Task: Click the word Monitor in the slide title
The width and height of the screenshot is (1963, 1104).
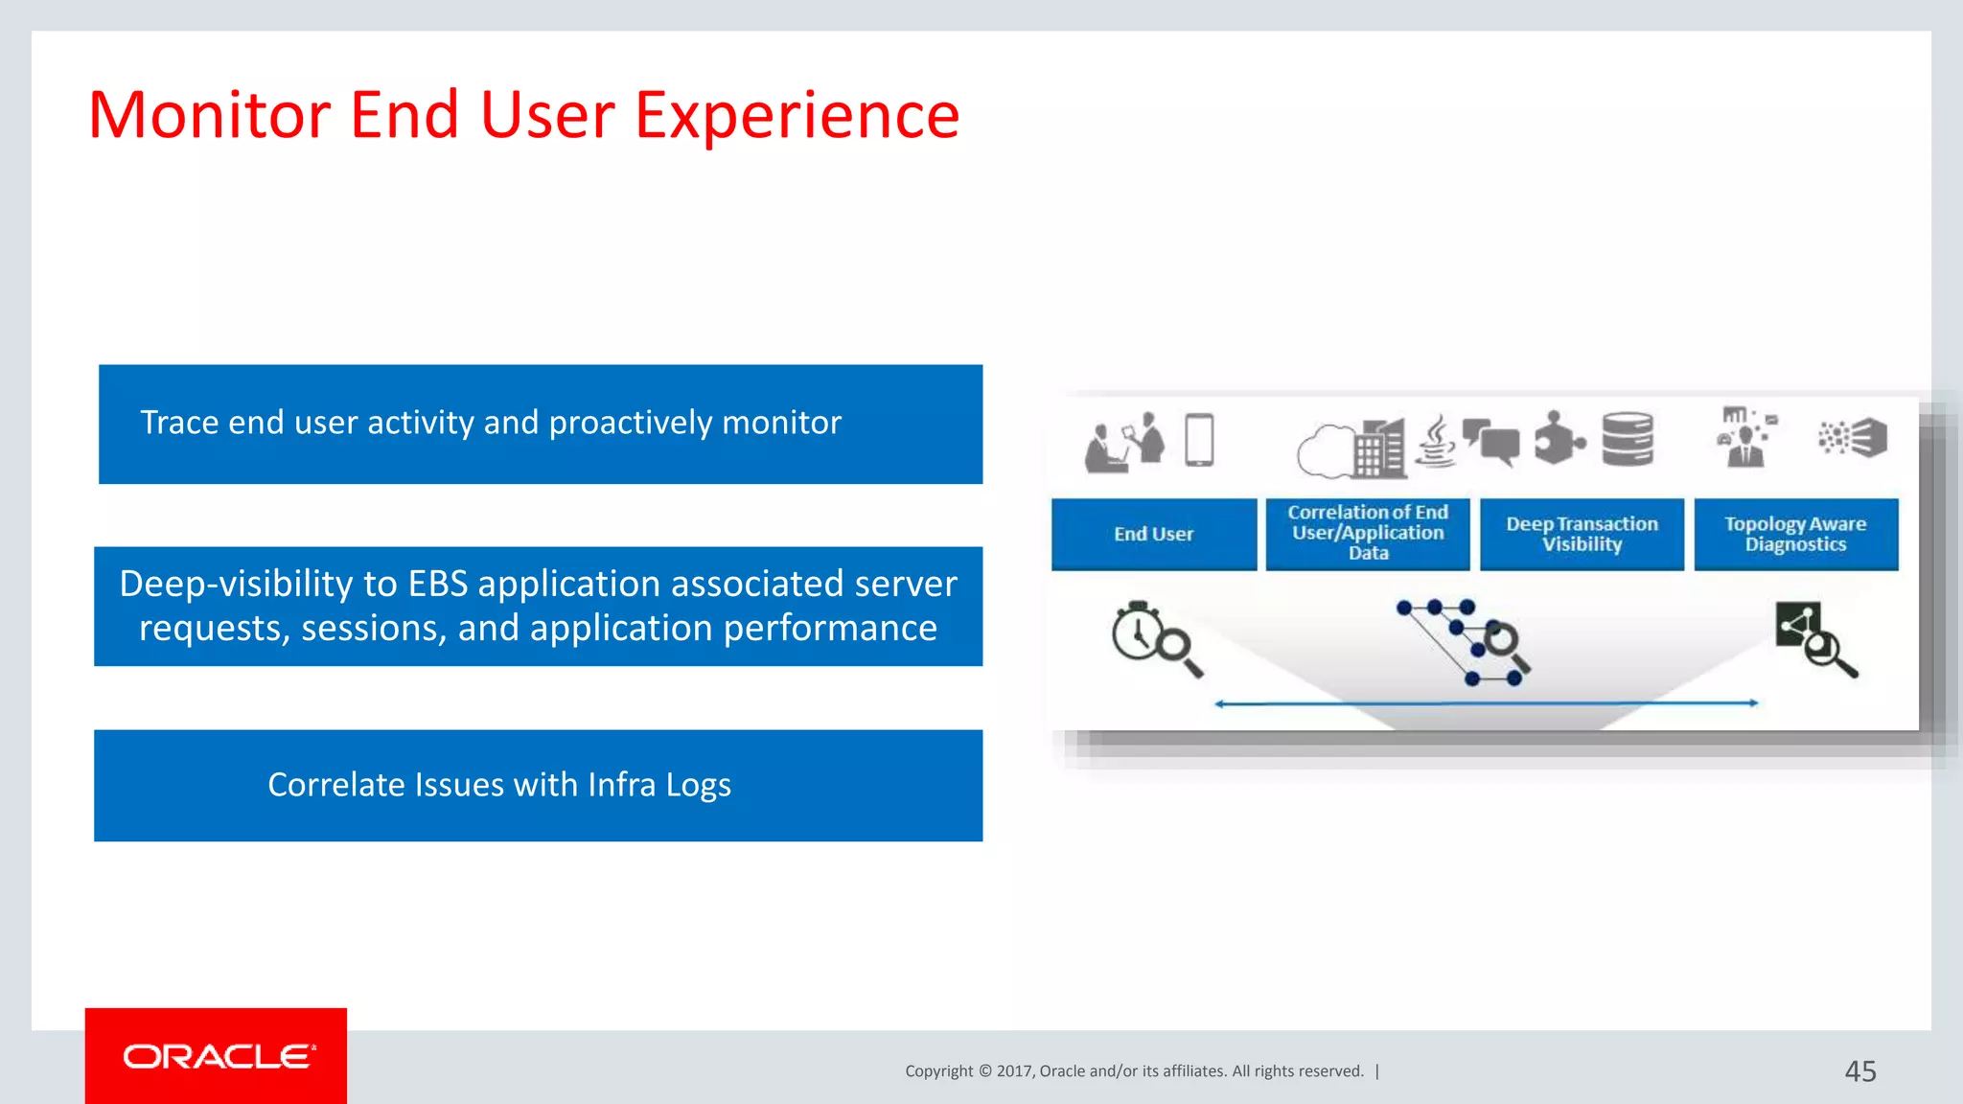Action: click(209, 116)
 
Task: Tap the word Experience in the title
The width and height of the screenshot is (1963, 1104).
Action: click(797, 116)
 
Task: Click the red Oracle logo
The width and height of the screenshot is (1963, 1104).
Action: click(216, 1055)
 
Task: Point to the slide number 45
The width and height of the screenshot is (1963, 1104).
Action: click(1859, 1070)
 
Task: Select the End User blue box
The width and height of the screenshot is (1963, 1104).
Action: click(1153, 534)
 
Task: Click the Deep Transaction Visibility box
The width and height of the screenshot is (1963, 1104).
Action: click(1582, 534)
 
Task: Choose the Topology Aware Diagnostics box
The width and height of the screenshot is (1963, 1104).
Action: click(1795, 534)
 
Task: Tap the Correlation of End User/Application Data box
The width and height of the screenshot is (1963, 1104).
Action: click(1368, 533)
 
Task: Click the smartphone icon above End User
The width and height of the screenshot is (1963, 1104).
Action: click(1199, 440)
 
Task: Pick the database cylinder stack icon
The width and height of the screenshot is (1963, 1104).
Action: click(1628, 439)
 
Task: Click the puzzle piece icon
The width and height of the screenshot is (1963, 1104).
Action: click(1559, 439)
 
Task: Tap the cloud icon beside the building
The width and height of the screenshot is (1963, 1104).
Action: click(1325, 450)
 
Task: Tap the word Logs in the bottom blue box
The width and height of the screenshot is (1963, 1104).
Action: click(698, 785)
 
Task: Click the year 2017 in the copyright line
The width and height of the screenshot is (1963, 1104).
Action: click(1013, 1071)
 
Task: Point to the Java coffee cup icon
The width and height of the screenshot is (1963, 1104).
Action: click(1436, 441)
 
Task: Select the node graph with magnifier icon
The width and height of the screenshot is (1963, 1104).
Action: click(1464, 641)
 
